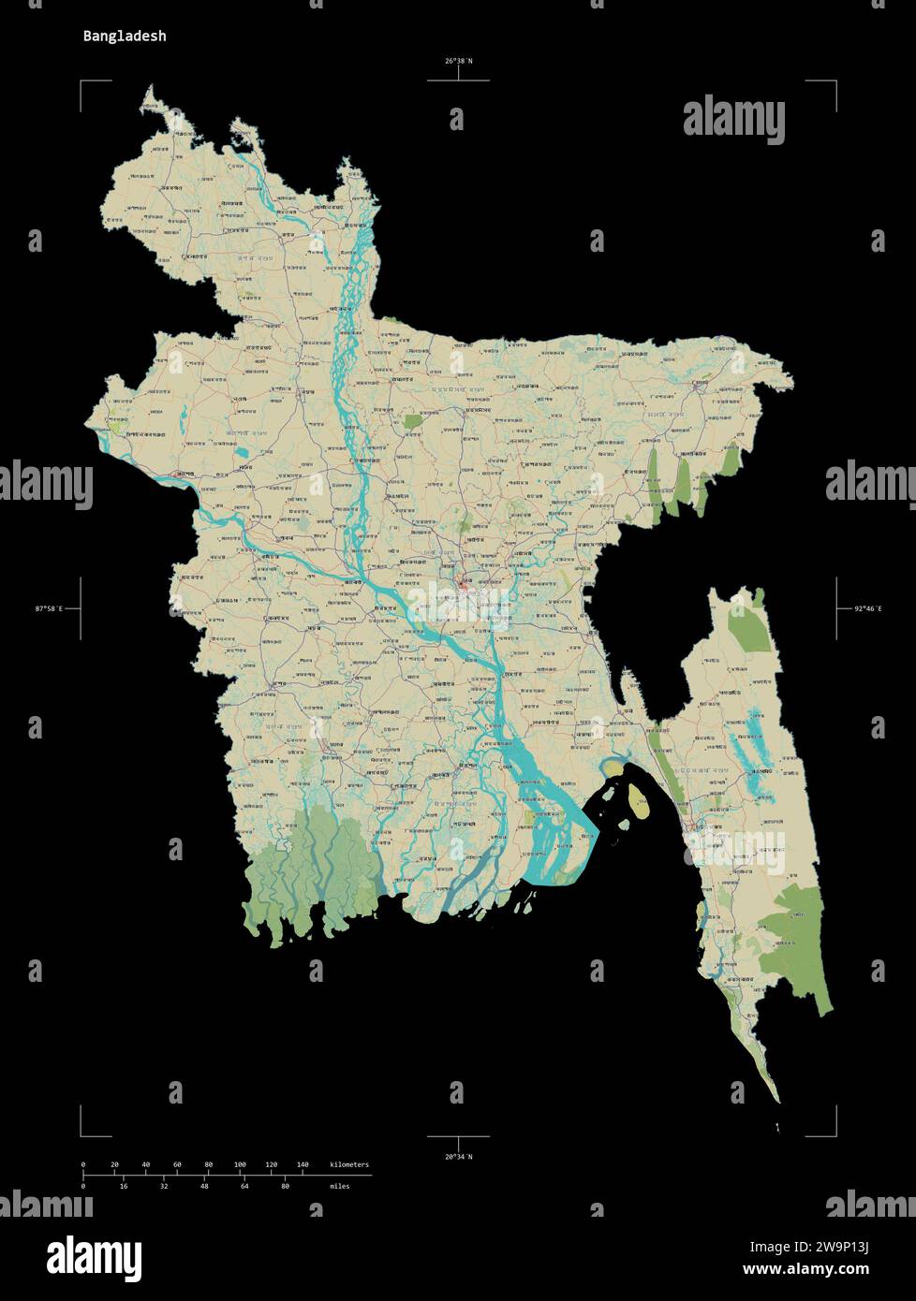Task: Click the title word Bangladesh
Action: pyautogui.click(x=125, y=37)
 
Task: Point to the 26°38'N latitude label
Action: pyautogui.click(x=458, y=62)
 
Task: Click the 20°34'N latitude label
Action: pyautogui.click(x=458, y=1157)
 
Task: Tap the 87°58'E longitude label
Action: pyautogui.click(x=49, y=609)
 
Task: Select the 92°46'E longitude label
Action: pyautogui.click(x=867, y=609)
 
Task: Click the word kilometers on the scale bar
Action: pyautogui.click(x=349, y=1164)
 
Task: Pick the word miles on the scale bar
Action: pyautogui.click(x=340, y=1186)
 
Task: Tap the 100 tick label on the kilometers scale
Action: pyautogui.click(x=240, y=1164)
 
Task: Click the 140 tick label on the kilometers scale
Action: pyautogui.click(x=302, y=1164)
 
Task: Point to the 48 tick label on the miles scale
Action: pyautogui.click(x=204, y=1186)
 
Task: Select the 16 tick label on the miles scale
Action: pyautogui.click(x=124, y=1186)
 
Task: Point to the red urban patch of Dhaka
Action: pyautogui.click(x=465, y=588)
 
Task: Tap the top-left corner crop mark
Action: pyautogui.click(x=82, y=83)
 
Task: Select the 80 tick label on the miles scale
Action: pyautogui.click(x=285, y=1186)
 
